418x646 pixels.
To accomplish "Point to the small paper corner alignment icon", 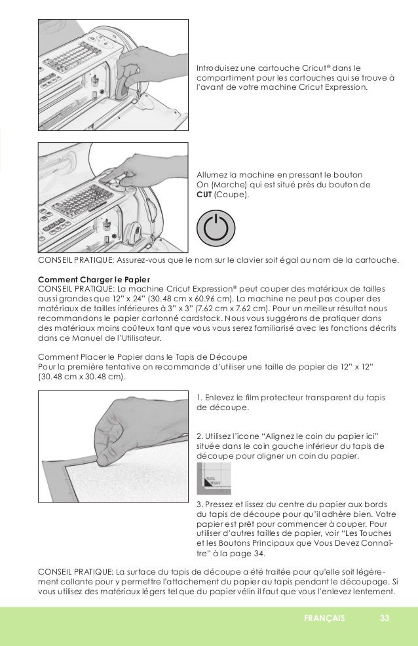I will pos(214,476).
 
